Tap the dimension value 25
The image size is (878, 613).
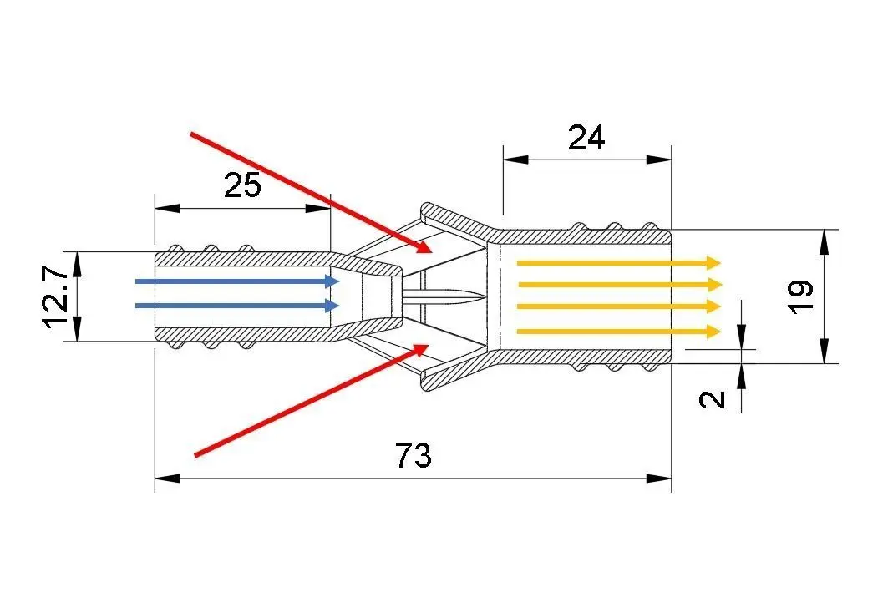[242, 185]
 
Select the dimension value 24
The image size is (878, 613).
[586, 138]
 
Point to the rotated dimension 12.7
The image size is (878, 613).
[57, 296]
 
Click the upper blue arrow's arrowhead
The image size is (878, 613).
[333, 281]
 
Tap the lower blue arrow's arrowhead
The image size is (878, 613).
[333, 306]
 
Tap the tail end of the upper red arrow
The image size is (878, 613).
[191, 133]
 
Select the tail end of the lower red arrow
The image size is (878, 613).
[195, 455]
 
